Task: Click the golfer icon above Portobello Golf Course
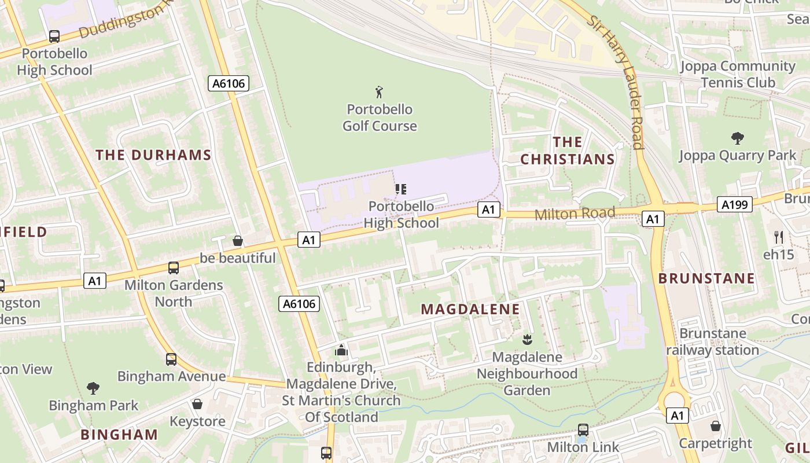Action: click(380, 91)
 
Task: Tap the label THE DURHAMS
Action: click(153, 155)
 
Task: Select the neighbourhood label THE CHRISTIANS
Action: click(567, 150)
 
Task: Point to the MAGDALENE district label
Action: click(470, 309)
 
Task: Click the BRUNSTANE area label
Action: click(706, 278)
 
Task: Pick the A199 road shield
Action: click(735, 204)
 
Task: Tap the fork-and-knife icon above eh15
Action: click(779, 237)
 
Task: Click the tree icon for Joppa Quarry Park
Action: click(737, 138)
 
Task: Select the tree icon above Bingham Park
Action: click(93, 388)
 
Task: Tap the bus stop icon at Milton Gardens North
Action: click(173, 267)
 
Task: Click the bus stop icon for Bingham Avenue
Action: click(171, 359)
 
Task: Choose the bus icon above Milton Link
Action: click(583, 430)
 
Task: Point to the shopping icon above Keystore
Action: click(197, 403)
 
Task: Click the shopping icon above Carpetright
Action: click(716, 426)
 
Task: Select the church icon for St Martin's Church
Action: click(341, 350)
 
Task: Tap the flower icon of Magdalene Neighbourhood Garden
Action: click(526, 339)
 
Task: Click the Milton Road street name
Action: click(575, 214)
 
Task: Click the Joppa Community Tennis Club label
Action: click(738, 74)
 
